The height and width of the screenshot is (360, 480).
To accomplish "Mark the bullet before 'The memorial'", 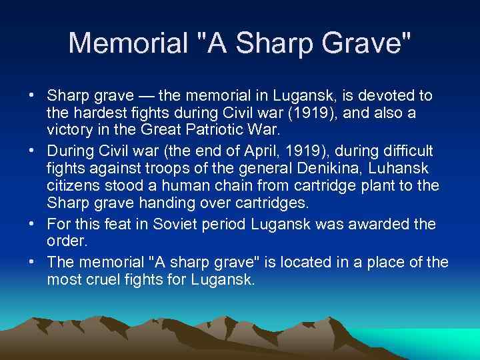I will tap(32, 261).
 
